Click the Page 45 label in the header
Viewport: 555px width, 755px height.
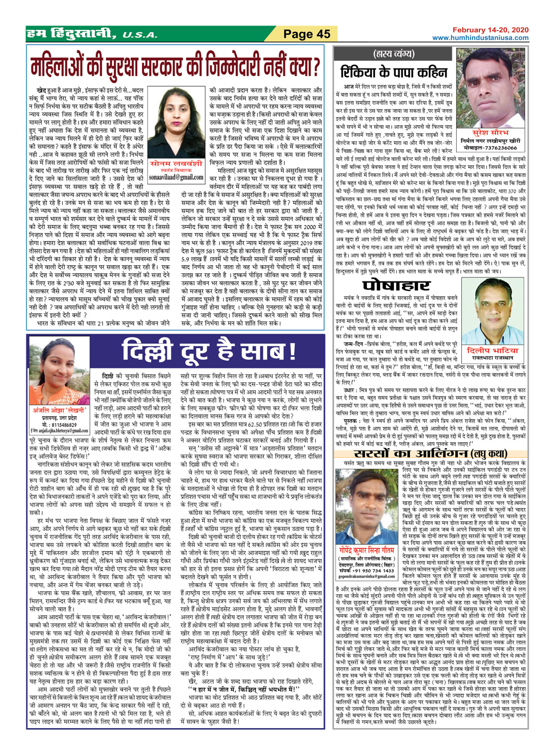307,34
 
